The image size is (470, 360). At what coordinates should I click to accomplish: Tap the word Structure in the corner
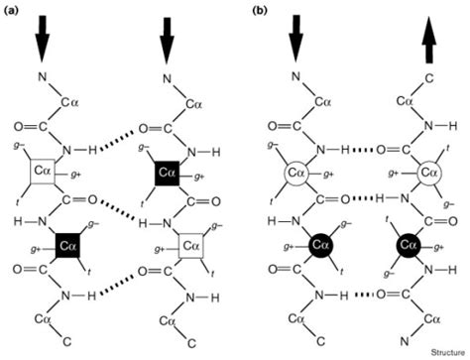tap(444, 351)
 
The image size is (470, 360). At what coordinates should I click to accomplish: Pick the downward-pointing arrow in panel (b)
tap(296, 37)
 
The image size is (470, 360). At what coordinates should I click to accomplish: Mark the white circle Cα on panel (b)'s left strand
tap(295, 173)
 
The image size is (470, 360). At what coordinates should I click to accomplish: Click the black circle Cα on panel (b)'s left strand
tap(319, 244)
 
